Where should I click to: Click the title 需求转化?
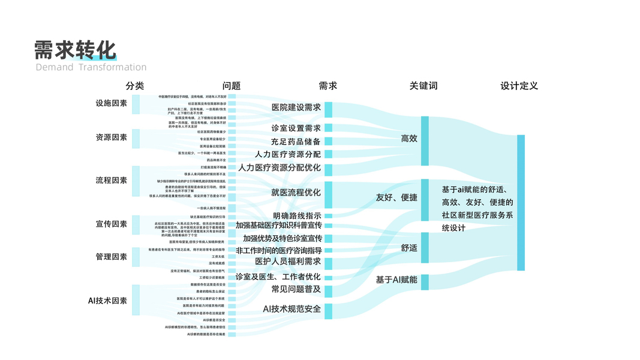tap(75, 50)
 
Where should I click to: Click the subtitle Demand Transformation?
tap(91, 67)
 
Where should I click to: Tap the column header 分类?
tap(135, 86)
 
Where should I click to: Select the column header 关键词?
tap(423, 86)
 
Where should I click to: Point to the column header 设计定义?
tap(519, 86)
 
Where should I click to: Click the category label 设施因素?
tap(112, 103)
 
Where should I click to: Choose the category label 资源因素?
tap(112, 137)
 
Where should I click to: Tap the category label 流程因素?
tap(112, 180)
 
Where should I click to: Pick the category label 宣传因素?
tap(112, 224)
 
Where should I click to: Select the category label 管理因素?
tap(112, 257)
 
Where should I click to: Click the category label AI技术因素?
tap(107, 300)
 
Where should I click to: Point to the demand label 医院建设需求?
tap(296, 107)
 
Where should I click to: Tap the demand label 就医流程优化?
tap(296, 193)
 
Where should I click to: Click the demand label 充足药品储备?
tap(296, 142)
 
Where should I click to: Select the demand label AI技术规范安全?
tap(292, 308)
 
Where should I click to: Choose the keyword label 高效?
tap(409, 139)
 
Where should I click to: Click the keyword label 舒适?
tap(409, 247)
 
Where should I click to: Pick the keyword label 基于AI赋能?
tap(396, 280)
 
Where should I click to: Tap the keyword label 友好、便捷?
tap(396, 197)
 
